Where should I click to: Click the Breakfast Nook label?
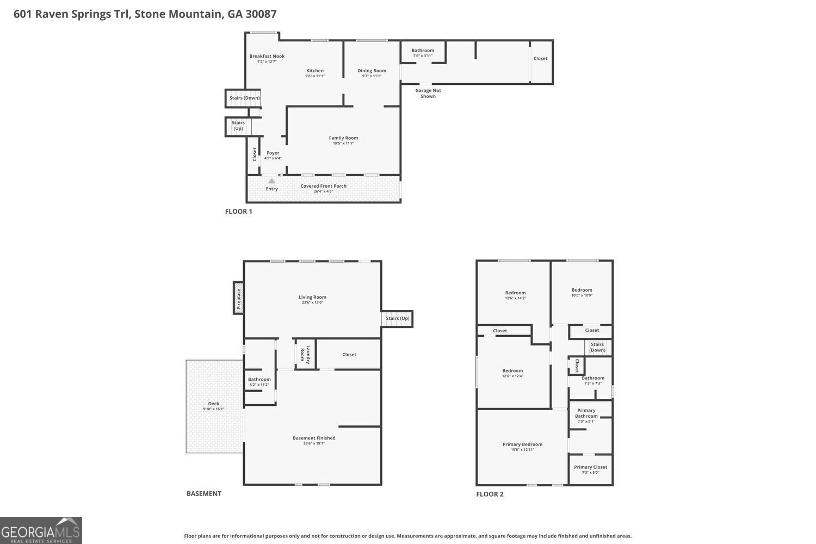coord(267,57)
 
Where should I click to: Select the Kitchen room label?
coord(314,71)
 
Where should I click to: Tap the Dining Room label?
coord(372,71)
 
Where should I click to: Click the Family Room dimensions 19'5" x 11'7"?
coord(343,144)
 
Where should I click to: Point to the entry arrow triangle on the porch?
coord(271,181)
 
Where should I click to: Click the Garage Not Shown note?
coord(428,94)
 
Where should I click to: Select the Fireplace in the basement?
coord(238,298)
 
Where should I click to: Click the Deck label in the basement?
coord(213,404)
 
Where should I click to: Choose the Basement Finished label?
coord(314,438)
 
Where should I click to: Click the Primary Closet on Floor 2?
coord(590,467)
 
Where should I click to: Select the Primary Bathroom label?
coord(586,413)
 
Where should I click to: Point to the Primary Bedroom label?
coord(522,444)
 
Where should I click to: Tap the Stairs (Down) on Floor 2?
coord(597,347)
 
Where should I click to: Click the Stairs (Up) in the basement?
coord(397,318)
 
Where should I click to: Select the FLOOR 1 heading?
coord(238,212)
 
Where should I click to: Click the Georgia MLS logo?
coord(41,530)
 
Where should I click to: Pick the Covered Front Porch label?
coord(323,186)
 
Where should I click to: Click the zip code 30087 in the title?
coord(261,14)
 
